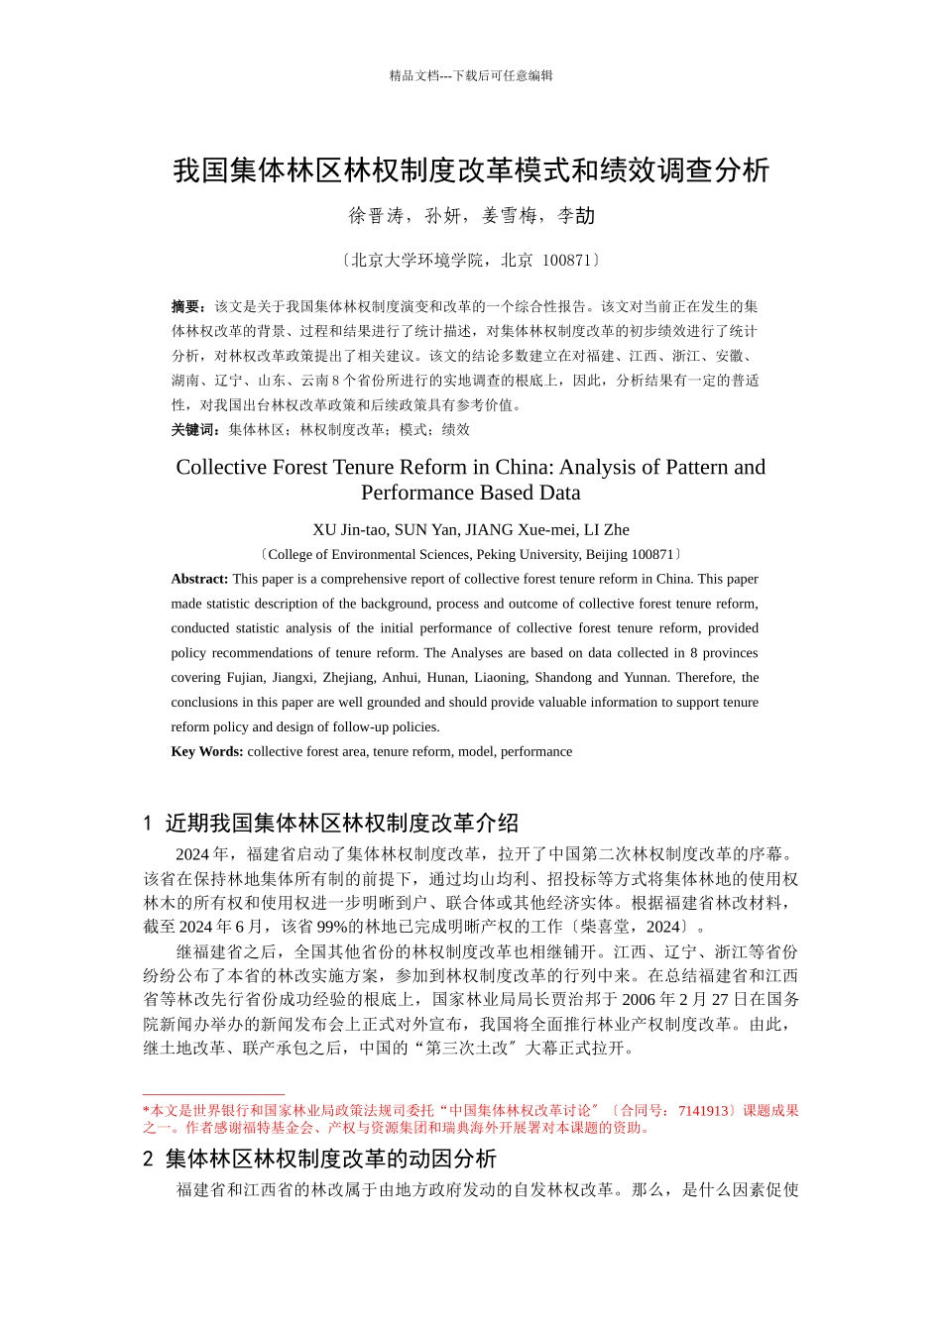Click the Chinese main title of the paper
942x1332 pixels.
click(x=471, y=170)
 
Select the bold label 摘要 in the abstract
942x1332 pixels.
click(x=185, y=307)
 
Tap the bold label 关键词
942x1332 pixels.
click(x=192, y=430)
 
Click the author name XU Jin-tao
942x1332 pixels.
click(x=349, y=530)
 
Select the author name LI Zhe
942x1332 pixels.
click(x=607, y=530)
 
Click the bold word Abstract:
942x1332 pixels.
click(x=199, y=580)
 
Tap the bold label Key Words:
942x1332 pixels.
click(x=206, y=752)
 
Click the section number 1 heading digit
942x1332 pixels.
click(x=148, y=824)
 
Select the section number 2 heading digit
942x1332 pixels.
click(x=148, y=1160)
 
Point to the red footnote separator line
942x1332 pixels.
click(x=213, y=1095)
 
